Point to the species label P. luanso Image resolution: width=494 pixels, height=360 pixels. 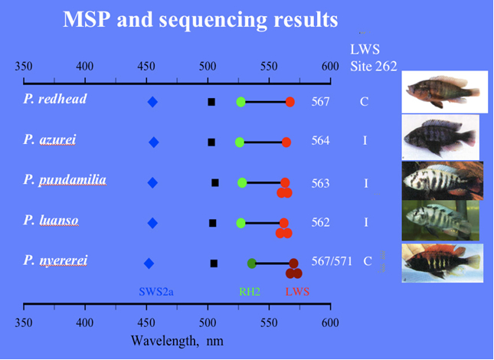(x=51, y=221)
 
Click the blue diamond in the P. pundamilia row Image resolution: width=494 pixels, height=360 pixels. (x=152, y=182)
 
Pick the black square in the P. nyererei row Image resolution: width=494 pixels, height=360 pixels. (x=214, y=263)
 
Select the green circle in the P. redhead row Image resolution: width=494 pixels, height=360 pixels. (x=240, y=102)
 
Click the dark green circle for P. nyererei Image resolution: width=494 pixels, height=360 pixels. (x=251, y=263)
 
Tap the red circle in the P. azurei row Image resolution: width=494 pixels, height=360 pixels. (x=286, y=142)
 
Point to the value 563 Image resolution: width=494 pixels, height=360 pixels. (x=320, y=184)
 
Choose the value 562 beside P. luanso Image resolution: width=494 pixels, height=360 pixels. (x=320, y=223)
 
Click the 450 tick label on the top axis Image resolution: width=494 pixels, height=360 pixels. (x=146, y=67)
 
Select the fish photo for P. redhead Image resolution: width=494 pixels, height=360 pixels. (x=445, y=92)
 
